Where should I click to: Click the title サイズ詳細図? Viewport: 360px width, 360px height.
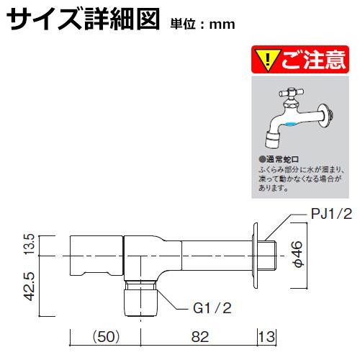[83, 19]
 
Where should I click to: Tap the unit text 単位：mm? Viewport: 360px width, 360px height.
[203, 24]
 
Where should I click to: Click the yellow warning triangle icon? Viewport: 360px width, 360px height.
[268, 60]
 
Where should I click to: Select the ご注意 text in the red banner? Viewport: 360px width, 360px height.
[313, 60]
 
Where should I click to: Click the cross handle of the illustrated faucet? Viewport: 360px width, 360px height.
[291, 92]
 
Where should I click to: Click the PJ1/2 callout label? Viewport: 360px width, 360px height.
[331, 214]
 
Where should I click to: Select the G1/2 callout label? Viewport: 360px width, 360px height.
[212, 308]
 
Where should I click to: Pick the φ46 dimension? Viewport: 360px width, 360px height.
[298, 254]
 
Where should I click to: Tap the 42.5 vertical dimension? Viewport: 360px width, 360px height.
[31, 287]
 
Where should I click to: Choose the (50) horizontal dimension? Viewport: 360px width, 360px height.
[106, 336]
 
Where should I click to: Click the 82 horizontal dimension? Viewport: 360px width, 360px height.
[200, 336]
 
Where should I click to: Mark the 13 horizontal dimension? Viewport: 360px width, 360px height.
[267, 336]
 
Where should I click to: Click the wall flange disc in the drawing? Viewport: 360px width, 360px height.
[255, 256]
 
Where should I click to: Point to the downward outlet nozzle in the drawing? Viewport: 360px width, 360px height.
[141, 298]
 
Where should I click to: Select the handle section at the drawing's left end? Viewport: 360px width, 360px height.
[96, 256]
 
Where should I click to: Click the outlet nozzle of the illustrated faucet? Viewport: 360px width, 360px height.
[273, 140]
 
